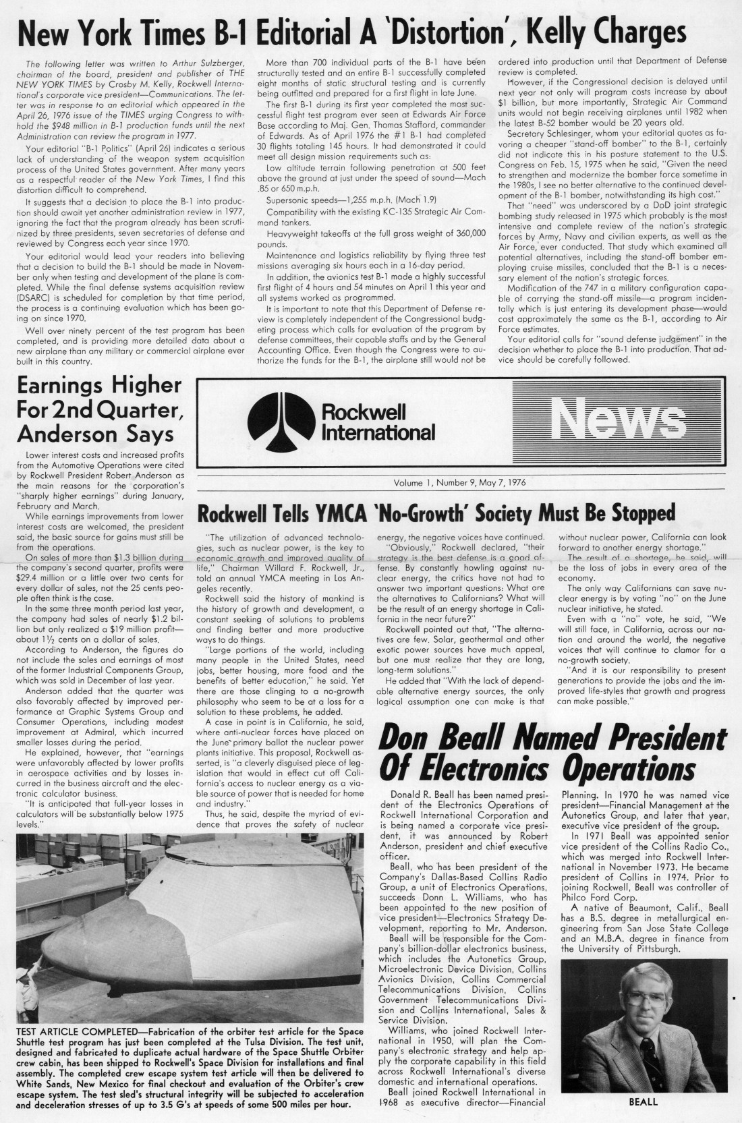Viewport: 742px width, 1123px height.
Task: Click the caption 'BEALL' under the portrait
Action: coord(643,1101)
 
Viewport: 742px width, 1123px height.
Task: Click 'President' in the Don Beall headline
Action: coord(641,739)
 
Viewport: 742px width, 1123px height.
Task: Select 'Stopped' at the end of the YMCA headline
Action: coord(632,513)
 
